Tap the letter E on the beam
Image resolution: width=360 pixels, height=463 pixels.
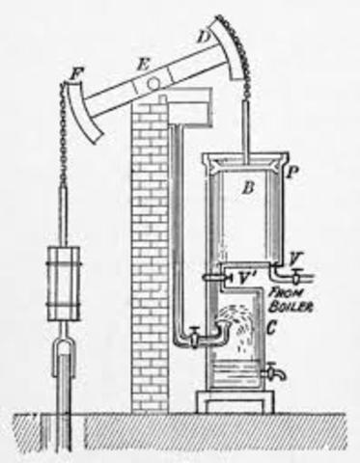point(143,64)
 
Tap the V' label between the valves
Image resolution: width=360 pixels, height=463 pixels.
point(247,277)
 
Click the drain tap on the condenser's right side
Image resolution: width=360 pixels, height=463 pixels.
point(275,370)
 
